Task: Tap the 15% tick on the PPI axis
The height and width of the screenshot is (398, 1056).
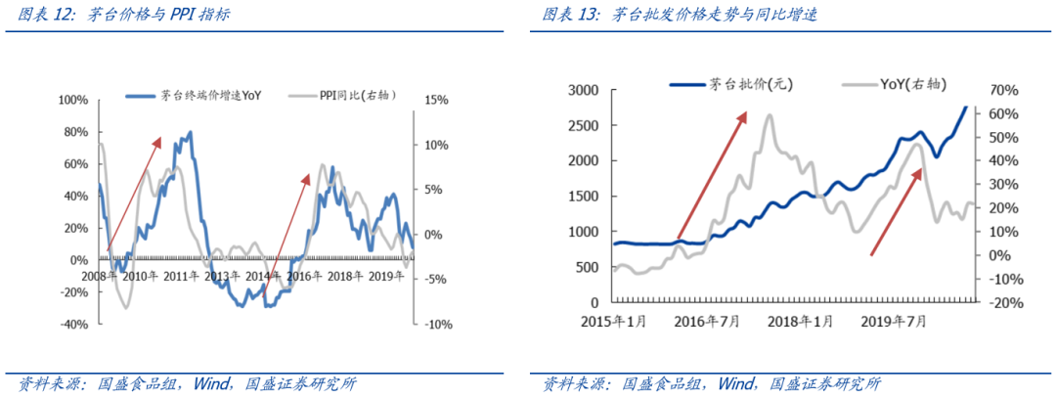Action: (x=436, y=100)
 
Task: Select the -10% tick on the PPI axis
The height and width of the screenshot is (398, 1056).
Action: (x=436, y=324)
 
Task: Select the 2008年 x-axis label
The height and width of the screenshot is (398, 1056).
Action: (x=99, y=277)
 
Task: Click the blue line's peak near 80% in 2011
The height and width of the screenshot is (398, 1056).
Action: (x=190, y=132)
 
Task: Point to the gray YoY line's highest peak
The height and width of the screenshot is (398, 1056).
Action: (x=770, y=115)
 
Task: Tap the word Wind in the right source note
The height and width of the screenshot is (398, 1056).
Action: (x=738, y=383)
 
